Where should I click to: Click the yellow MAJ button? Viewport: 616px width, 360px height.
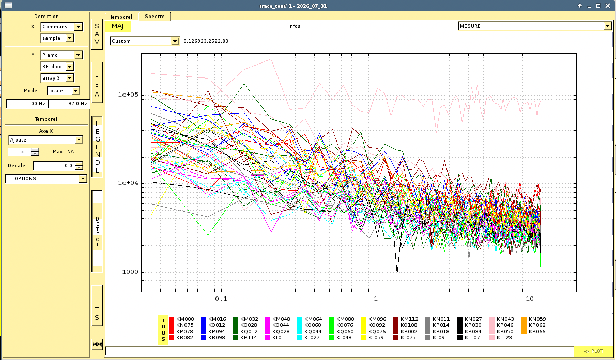pyautogui.click(x=117, y=26)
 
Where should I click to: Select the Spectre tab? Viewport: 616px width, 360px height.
pyautogui.click(x=155, y=17)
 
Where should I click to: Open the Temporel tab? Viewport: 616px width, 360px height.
pyautogui.click(x=121, y=17)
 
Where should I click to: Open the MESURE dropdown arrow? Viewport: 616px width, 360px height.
pyautogui.click(x=607, y=26)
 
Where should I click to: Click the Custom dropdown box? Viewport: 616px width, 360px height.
pyautogui.click(x=144, y=41)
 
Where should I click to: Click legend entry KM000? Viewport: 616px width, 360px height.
pyautogui.click(x=181, y=319)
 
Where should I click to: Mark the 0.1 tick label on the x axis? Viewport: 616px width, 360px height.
pyautogui.click(x=221, y=299)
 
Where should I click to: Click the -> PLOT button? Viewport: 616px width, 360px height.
pyautogui.click(x=593, y=351)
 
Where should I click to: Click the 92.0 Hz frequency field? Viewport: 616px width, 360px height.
pyautogui.click(x=69, y=104)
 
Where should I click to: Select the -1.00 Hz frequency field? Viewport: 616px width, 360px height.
pyautogui.click(x=27, y=104)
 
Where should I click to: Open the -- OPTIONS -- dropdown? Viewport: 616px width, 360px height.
pyautogui.click(x=46, y=179)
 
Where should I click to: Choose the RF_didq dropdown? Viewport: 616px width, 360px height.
pyautogui.click(x=57, y=67)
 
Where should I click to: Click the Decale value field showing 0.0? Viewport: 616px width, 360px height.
pyautogui.click(x=58, y=166)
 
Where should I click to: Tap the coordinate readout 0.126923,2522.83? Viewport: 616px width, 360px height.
pyautogui.click(x=206, y=41)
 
